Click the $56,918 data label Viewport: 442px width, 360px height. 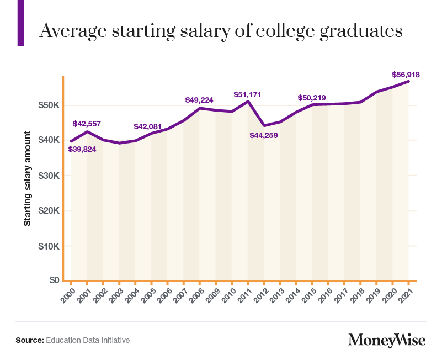click(406, 75)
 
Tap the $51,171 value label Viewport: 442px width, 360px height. click(247, 94)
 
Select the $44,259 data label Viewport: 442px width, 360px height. click(264, 135)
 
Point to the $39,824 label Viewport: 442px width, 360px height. click(82, 149)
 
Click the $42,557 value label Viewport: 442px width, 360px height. click(87, 124)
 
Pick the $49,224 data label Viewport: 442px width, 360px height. click(199, 100)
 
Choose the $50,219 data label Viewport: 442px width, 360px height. click(312, 98)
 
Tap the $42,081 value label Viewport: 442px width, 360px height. click(147, 126)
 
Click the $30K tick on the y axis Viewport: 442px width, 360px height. click(49, 176)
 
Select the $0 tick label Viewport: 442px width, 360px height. click(55, 280)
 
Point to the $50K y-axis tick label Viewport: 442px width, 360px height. click(49, 105)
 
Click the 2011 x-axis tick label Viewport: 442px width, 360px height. click(244, 295)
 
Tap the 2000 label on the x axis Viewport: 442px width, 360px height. click(68, 295)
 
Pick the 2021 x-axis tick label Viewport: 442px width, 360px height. click(406, 295)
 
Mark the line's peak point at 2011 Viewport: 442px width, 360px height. click(248, 101)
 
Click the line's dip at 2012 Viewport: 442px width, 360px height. click(264, 125)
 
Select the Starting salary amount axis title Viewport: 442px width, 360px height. click(27, 178)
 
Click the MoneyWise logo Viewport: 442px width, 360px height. click(387, 340)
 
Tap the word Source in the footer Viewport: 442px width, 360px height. click(30, 340)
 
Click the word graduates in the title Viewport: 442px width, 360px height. click(361, 31)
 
